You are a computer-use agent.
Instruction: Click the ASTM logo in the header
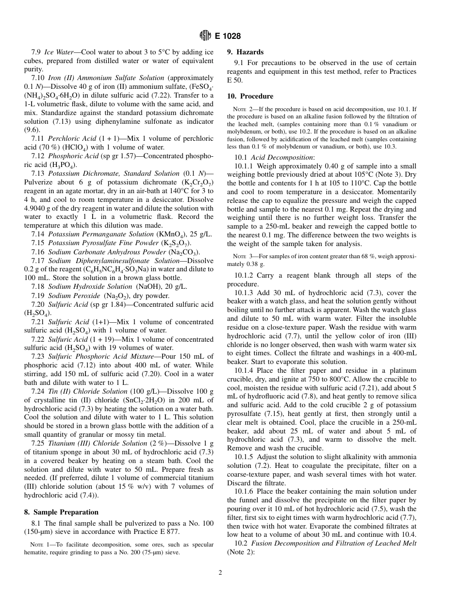tap(205, 35)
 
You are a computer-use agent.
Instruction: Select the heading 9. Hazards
tap(246, 52)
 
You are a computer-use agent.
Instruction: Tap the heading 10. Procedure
tap(250, 96)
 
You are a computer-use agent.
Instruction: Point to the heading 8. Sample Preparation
tap(61, 512)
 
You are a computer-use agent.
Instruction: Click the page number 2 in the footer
tap(220, 573)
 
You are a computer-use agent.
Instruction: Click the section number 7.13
tap(39, 173)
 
